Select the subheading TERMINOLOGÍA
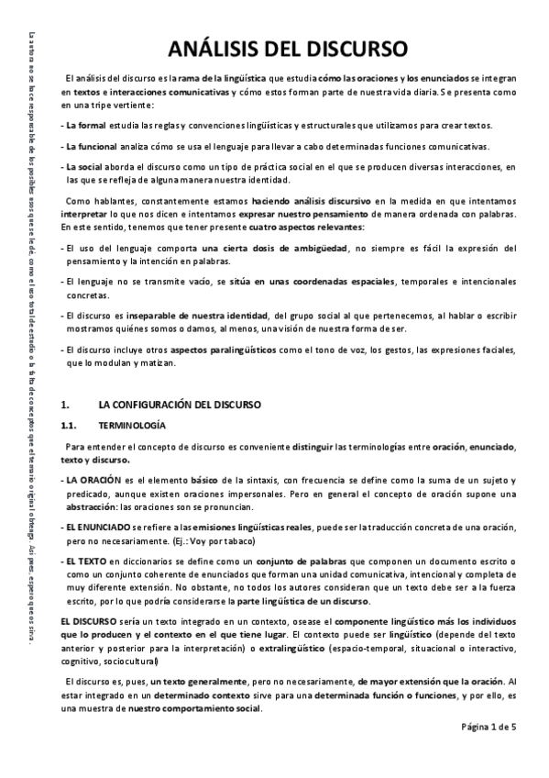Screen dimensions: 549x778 tap(132, 425)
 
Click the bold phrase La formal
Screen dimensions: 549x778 tap(83, 125)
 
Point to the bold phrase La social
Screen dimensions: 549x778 tap(82, 167)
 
